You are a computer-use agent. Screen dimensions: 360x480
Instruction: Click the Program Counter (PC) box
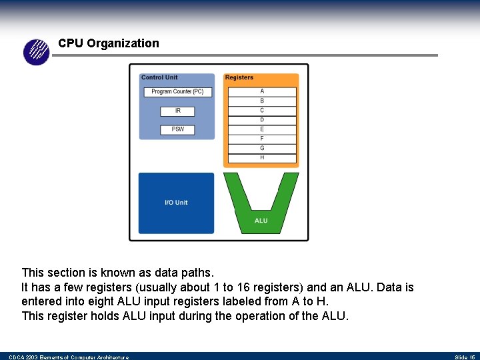click(177, 92)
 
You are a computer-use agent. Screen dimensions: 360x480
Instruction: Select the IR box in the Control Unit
click(178, 111)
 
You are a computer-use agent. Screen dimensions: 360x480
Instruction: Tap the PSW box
click(178, 129)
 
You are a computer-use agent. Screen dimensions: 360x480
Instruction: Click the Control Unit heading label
click(159, 78)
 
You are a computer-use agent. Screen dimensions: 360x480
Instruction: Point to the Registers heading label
click(239, 78)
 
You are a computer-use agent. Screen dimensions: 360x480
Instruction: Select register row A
click(262, 91)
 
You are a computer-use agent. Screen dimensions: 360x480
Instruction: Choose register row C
click(262, 111)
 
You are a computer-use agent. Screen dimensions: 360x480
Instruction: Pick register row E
click(262, 129)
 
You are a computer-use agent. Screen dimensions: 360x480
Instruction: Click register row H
click(262, 158)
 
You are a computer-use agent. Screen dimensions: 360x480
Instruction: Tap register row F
click(262, 139)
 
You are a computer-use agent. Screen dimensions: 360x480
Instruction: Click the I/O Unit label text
click(176, 203)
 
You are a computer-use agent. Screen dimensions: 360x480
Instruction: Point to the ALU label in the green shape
click(261, 221)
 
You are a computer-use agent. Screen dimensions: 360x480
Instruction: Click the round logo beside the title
click(37, 52)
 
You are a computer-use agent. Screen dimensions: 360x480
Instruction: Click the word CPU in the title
click(71, 43)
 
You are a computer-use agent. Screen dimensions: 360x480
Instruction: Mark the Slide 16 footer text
click(465, 357)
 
